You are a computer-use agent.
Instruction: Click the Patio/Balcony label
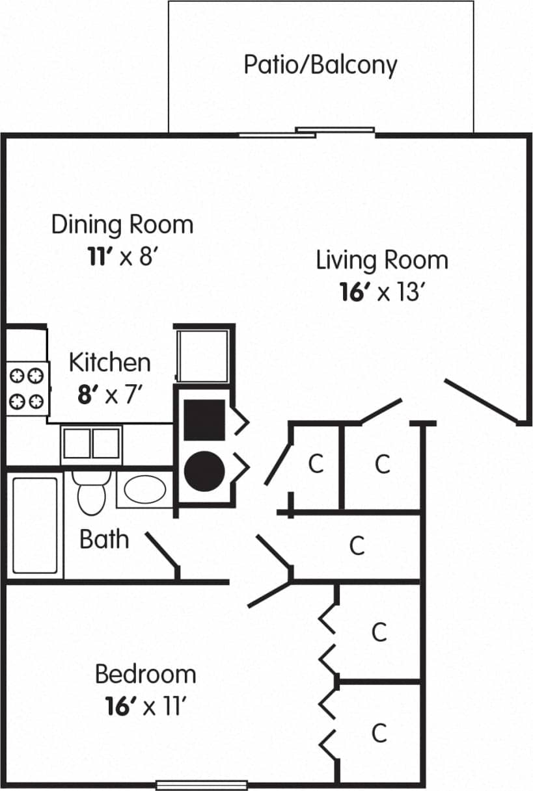(320, 65)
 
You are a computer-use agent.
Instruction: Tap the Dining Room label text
(122, 225)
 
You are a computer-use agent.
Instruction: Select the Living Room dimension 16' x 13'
(382, 292)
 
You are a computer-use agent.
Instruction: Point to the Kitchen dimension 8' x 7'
(109, 395)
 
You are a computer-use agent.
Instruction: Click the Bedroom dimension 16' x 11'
(146, 707)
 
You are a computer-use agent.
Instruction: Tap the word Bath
(104, 539)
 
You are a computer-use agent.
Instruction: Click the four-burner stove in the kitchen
(28, 388)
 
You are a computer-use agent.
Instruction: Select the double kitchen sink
(91, 443)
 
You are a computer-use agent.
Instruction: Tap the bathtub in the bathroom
(35, 525)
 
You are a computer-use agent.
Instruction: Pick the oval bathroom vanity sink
(144, 490)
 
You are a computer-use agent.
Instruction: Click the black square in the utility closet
(204, 420)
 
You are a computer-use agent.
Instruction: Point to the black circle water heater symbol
(204, 471)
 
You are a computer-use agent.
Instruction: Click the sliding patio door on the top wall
(306, 133)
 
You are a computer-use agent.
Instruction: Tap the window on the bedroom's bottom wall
(202, 785)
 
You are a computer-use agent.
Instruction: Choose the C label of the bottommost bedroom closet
(379, 733)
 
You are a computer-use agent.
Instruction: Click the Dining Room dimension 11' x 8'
(122, 257)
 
